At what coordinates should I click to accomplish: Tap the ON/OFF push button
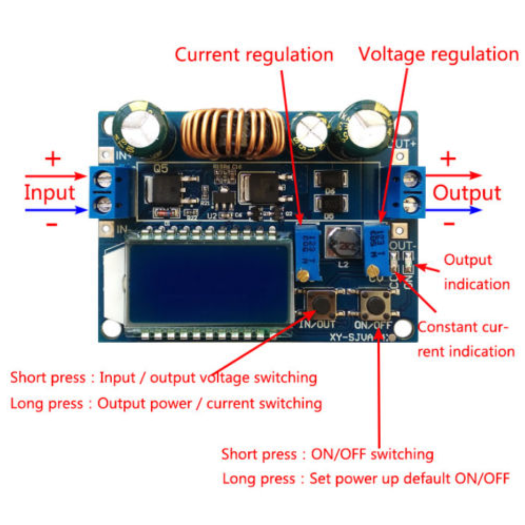pos(374,305)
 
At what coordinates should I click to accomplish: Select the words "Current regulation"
pos(254,54)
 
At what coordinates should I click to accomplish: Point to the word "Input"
pos(50,193)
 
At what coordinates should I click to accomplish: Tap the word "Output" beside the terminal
pos(467,193)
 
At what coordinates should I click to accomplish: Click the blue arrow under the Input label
pos(56,210)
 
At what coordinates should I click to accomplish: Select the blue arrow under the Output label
pos(453,210)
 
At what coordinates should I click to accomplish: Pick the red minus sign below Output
pos(448,223)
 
